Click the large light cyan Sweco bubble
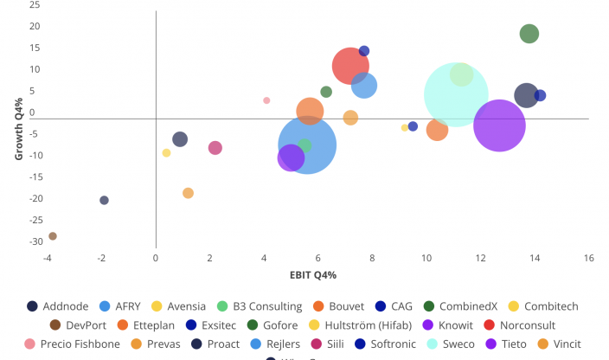pos(456,94)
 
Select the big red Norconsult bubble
pos(350,66)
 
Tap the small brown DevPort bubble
pos(53,236)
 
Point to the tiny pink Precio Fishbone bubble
pos(266,100)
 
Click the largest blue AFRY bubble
pos(307,145)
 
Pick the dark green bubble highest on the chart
pos(529,34)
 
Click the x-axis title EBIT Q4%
pos(312,274)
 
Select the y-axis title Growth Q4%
pos(19,129)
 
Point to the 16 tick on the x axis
pos(588,258)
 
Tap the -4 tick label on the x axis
pos(48,258)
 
